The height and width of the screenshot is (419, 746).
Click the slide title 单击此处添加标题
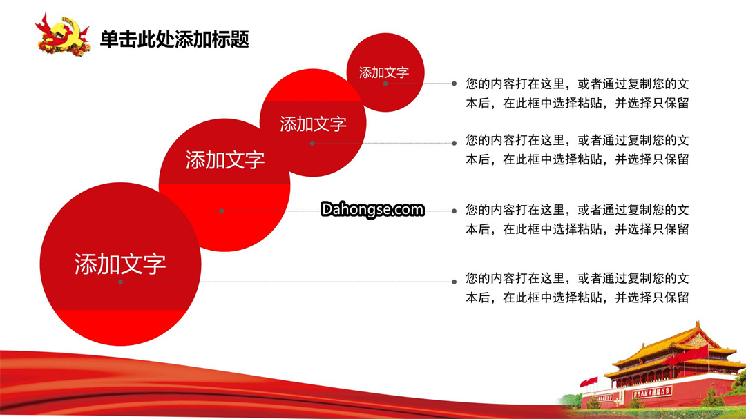tap(175, 39)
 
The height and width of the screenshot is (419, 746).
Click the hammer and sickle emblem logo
tap(63, 35)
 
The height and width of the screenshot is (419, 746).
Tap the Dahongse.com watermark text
tap(372, 209)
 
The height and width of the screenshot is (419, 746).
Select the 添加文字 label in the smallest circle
tap(384, 72)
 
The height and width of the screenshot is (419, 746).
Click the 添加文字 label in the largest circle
tap(120, 264)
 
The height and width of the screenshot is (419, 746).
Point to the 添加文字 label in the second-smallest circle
tap(313, 124)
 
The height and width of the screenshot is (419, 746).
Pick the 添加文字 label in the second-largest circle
tap(225, 160)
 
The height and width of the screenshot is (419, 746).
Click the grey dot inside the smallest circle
tap(385, 84)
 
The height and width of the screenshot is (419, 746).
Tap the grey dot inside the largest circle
tap(121, 282)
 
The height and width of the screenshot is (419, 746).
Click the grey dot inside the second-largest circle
tap(222, 211)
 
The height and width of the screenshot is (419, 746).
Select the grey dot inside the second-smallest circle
tap(312, 143)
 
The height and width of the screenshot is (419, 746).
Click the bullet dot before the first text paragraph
tap(455, 84)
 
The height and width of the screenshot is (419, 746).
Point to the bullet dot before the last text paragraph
tap(455, 282)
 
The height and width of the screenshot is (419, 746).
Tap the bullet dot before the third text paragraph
tap(455, 211)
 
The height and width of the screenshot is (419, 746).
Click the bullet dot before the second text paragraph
tap(455, 143)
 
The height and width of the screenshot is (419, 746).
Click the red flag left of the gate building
tap(589, 382)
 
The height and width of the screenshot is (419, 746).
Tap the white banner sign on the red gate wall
tap(652, 392)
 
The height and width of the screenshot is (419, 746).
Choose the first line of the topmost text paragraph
tap(577, 84)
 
